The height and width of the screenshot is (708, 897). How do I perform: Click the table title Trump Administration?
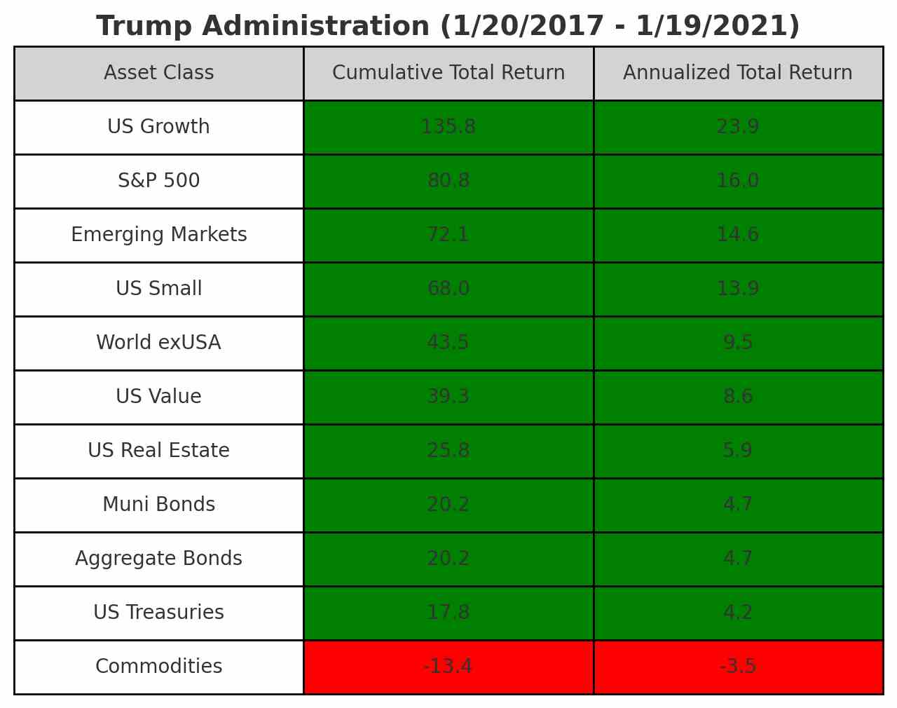coord(448,27)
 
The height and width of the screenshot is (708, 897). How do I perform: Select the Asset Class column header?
coord(158,73)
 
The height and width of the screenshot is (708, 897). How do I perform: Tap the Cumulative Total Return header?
coord(448,73)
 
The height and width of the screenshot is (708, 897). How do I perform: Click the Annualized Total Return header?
coord(737,73)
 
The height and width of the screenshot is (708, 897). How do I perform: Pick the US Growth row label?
coord(158,127)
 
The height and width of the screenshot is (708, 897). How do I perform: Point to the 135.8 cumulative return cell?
coord(448,127)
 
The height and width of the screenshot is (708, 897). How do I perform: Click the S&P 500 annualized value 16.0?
coord(737,181)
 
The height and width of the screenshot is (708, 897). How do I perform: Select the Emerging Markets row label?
coord(158,235)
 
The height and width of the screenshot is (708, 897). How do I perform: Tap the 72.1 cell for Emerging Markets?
coord(448,235)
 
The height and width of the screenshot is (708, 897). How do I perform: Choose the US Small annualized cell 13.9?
coord(737,289)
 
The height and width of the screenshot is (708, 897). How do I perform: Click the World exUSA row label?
coord(158,343)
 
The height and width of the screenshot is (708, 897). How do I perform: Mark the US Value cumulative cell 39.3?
coord(448,397)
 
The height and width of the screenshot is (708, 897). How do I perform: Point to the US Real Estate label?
coord(158,451)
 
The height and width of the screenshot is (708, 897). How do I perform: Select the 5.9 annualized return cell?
coord(737,451)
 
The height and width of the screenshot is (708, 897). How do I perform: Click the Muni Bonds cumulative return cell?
coord(448,505)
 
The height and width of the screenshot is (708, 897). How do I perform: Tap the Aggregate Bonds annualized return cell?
coord(737,559)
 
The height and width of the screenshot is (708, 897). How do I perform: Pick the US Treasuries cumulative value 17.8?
coord(448,613)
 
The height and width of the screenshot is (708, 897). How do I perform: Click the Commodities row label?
coord(158,667)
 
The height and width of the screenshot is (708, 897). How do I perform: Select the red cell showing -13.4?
coord(448,667)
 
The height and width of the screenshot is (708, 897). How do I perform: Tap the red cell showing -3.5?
coord(737,667)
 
